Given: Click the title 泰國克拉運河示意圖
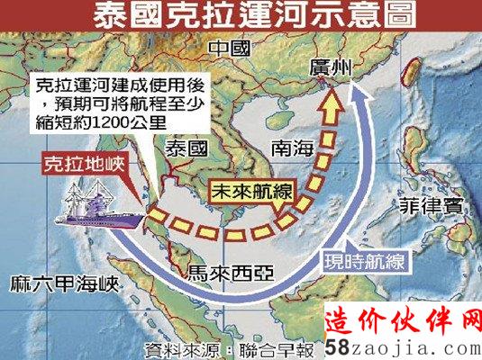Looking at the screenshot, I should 241,18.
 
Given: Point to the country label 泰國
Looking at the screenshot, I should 186,148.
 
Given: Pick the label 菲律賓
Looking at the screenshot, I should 430,205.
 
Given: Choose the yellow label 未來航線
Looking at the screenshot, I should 243,193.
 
